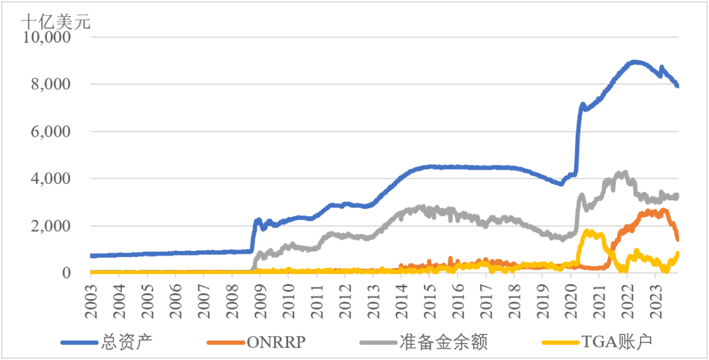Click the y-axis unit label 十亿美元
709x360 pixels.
click(x=56, y=20)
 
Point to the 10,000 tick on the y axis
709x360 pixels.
click(x=47, y=37)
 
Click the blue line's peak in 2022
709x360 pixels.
click(x=634, y=62)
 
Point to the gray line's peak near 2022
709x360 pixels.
click(x=620, y=173)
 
